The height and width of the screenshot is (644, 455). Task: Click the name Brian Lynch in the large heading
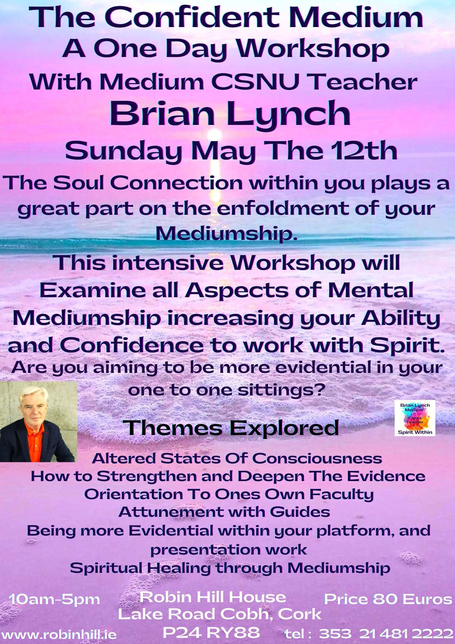coord(230,113)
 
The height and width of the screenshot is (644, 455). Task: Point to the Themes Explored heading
coord(233,428)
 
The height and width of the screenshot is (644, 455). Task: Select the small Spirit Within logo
coord(415,418)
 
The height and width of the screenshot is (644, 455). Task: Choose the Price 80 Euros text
coord(388,599)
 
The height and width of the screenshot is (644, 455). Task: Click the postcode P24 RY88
coord(211,632)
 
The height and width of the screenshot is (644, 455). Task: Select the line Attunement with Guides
coord(224,512)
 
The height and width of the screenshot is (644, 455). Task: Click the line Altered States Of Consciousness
coord(237,458)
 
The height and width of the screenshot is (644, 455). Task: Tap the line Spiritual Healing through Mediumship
coord(230,568)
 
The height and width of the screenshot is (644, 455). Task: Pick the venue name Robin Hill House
coord(213,597)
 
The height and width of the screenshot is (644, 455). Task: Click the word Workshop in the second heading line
coord(313,50)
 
